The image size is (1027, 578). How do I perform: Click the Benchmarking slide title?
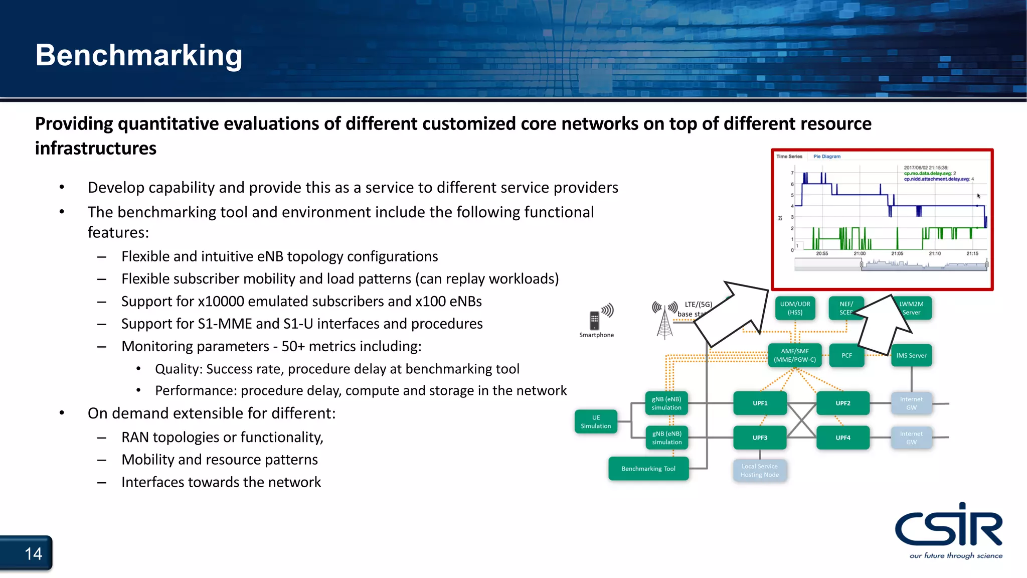tap(138, 55)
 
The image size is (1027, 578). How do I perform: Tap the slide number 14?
tap(33, 554)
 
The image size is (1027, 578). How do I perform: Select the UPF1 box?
tap(760, 403)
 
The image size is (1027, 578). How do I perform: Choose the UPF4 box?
tap(842, 438)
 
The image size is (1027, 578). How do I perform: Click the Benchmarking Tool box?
tap(648, 469)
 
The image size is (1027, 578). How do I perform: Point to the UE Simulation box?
tap(596, 422)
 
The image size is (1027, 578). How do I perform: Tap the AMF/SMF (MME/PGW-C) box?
tap(794, 355)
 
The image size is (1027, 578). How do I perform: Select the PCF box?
tap(846, 355)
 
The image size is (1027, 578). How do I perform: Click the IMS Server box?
tap(911, 355)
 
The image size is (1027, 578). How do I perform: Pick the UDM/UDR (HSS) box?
tap(795, 308)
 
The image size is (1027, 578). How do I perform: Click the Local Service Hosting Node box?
tap(759, 471)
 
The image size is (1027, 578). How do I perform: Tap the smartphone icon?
tap(595, 320)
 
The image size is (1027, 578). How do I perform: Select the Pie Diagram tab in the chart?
tap(826, 157)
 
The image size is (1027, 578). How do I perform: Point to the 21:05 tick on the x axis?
tap(897, 253)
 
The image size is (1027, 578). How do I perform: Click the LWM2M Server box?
tap(911, 308)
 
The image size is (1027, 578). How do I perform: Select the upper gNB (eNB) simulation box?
tap(666, 403)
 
